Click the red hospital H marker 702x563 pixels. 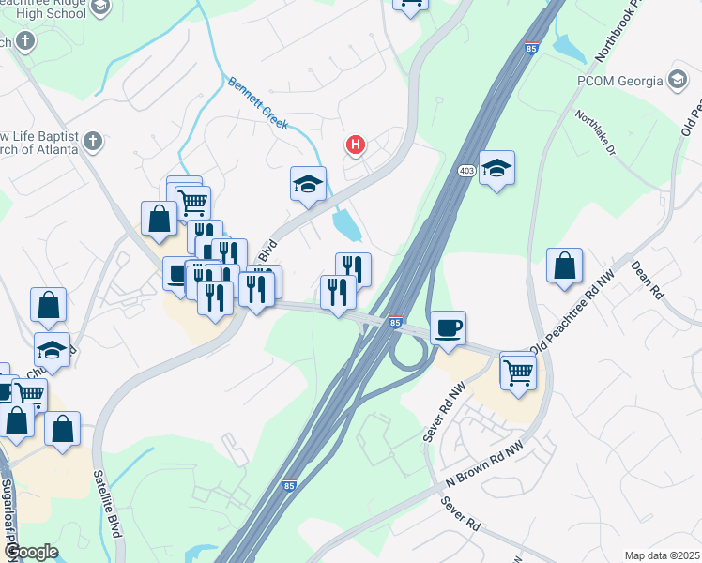(x=356, y=145)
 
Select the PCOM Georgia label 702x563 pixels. (x=619, y=80)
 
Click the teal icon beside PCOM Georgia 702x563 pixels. (x=676, y=79)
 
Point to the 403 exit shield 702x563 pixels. (x=466, y=171)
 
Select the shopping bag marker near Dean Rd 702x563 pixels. (x=564, y=266)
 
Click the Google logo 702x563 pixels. (x=30, y=552)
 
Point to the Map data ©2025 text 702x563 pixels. (x=662, y=555)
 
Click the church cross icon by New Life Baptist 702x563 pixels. (x=91, y=142)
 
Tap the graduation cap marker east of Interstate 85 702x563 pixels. (x=496, y=169)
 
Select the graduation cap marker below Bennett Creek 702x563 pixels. (x=308, y=184)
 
